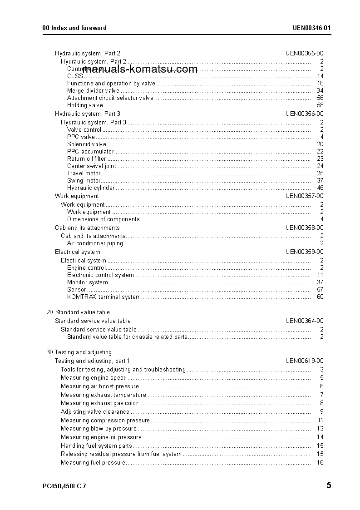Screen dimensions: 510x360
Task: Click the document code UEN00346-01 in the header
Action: point(311,28)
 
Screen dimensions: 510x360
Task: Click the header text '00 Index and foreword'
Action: point(74,28)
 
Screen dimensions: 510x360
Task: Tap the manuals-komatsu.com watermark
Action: point(140,69)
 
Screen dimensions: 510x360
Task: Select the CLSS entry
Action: point(75,76)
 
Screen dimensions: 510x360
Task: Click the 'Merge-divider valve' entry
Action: point(93,91)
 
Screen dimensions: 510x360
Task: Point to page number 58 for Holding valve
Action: point(320,105)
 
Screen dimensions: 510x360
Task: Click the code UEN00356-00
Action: point(304,114)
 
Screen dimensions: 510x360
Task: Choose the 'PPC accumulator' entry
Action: point(90,152)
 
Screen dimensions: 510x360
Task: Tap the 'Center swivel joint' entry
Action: point(91,166)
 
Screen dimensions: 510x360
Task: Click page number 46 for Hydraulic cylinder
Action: point(320,188)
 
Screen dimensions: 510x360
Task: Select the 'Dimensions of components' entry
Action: point(103,219)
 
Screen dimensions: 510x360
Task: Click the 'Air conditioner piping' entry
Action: point(95,243)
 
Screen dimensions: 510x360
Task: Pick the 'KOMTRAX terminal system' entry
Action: point(104,297)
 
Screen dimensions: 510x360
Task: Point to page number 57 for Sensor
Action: point(320,290)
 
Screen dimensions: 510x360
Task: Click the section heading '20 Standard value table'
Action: point(78,312)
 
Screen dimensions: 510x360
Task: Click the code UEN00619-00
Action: point(304,361)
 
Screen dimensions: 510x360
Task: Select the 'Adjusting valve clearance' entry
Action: point(95,412)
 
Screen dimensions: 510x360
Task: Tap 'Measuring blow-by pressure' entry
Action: point(99,429)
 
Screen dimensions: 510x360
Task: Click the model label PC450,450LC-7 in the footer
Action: point(64,486)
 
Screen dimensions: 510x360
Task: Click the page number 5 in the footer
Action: point(329,485)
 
